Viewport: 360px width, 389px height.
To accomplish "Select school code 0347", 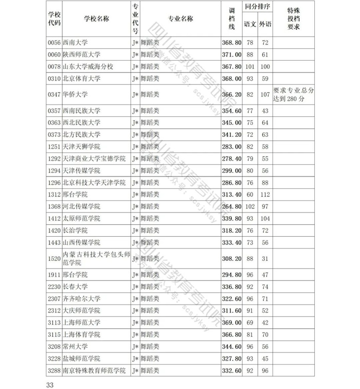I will click(x=54, y=95).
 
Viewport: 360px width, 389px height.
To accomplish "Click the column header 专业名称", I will click(x=181, y=19).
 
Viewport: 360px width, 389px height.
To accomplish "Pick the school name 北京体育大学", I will click(x=81, y=79).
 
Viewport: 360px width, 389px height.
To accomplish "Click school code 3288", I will click(x=54, y=370).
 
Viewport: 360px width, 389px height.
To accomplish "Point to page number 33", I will click(x=50, y=383).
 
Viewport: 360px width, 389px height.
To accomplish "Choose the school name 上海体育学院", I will click(x=81, y=334).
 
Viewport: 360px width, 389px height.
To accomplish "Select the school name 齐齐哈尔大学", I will click(x=81, y=298).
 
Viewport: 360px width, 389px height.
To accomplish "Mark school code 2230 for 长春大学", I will click(x=54, y=287).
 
